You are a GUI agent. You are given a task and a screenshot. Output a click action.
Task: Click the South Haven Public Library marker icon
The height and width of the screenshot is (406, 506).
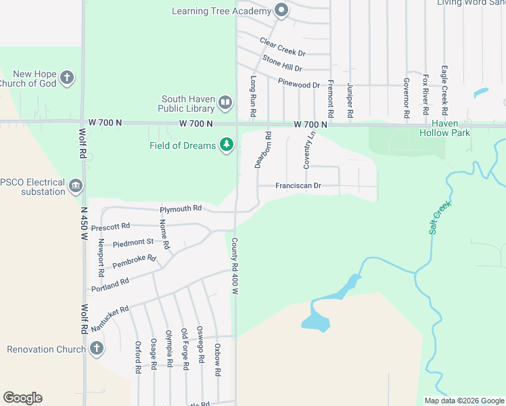225,104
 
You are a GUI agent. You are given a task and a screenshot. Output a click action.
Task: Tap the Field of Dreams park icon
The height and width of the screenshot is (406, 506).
227,145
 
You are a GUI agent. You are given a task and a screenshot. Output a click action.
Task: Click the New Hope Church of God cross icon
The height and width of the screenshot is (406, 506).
66,78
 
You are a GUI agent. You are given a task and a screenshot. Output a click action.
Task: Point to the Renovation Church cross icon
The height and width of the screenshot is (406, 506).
96,349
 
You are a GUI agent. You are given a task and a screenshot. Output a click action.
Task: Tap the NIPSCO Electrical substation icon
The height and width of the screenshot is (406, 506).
75,185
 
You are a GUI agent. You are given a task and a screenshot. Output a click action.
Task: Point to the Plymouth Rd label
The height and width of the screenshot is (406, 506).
181,208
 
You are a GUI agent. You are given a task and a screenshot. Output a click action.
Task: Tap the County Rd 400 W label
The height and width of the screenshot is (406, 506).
235,265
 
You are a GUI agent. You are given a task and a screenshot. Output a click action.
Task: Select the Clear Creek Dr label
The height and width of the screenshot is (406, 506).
283,47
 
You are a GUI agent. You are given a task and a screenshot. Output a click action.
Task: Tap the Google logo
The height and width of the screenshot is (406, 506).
22,398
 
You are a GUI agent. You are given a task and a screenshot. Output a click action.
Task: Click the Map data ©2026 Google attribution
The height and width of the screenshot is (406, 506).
463,401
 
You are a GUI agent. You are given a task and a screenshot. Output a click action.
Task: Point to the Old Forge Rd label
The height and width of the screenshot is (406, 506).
184,349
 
